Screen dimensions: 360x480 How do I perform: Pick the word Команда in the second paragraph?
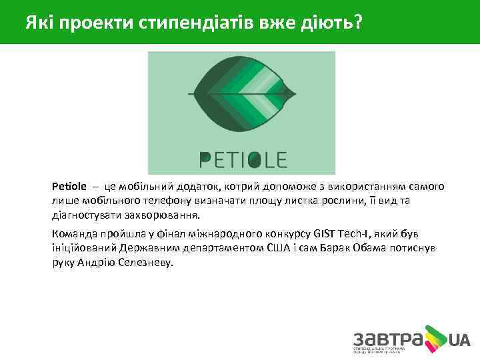click(x=75, y=233)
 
